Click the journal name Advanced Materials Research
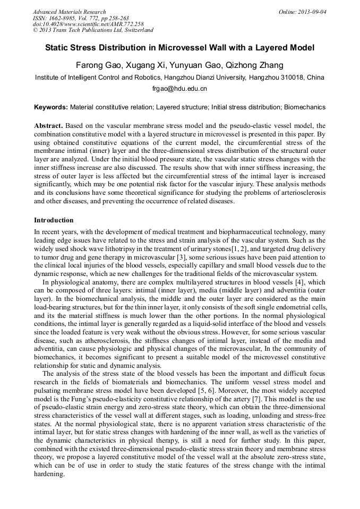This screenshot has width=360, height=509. pyautogui.click(x=69, y=12)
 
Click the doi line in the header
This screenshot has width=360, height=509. pyautogui.click(x=88, y=24)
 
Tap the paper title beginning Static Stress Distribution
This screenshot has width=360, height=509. pyautogui.click(x=179, y=48)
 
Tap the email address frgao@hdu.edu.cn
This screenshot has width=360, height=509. pyautogui.click(x=179, y=89)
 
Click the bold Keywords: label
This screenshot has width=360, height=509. pyautogui.click(x=51, y=107)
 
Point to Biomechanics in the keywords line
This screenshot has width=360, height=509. pyautogui.click(x=304, y=107)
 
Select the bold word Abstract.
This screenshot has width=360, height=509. pyautogui.click(x=48, y=126)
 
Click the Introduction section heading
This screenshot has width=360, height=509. pyautogui.click(x=54, y=220)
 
